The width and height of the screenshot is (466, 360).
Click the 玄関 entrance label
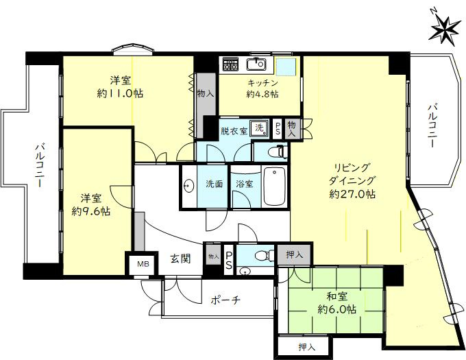181,259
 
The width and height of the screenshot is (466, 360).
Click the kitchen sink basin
256,65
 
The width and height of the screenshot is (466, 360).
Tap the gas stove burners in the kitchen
229,65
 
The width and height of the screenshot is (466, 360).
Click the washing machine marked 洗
259,127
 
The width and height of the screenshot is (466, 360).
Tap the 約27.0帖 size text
352,194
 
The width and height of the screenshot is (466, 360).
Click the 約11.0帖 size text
119,93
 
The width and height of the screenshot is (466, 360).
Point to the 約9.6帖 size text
91,212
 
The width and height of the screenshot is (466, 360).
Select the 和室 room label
336,296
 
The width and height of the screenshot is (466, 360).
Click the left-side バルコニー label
40,167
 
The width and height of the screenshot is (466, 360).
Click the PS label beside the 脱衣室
278,128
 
